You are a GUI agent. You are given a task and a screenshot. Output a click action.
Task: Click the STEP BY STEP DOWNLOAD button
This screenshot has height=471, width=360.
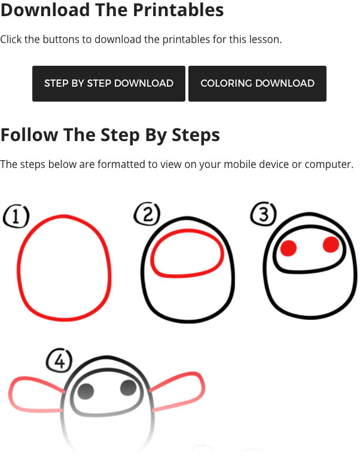(x=108, y=84)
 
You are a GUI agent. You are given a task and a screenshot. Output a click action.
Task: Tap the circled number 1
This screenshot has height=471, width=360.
(x=16, y=216)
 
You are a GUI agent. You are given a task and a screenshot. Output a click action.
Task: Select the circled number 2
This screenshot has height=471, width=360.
(x=147, y=214)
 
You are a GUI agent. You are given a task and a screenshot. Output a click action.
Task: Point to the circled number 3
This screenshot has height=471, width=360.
(x=264, y=213)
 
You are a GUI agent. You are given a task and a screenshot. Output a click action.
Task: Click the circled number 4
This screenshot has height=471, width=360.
(x=59, y=360)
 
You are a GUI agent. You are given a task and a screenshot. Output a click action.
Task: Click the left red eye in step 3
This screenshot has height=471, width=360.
(x=288, y=248)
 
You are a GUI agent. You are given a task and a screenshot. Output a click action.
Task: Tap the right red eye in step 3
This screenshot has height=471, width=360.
(x=331, y=244)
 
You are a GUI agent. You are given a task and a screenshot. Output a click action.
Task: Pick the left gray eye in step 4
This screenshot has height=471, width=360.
(x=86, y=392)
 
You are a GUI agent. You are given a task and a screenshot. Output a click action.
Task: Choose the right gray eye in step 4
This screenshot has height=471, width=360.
(x=129, y=388)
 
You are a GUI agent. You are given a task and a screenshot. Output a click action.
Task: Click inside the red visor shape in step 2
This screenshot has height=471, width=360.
(x=187, y=253)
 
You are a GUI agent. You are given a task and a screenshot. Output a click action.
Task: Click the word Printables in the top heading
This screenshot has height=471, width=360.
(x=178, y=10)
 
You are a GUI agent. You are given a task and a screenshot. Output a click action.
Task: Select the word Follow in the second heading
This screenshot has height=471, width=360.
(x=29, y=134)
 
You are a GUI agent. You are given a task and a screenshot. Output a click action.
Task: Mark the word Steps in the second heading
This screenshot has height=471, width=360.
(x=196, y=135)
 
